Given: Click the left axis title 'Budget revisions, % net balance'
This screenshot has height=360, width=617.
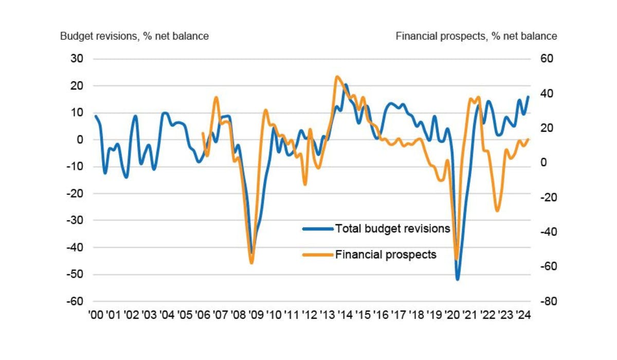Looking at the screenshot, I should pos(134,36).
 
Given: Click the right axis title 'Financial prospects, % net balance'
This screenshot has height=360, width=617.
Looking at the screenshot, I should pos(476,36).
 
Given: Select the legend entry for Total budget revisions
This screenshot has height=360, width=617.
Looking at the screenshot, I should pos(392,228).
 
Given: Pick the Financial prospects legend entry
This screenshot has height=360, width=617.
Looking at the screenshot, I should pos(386,254).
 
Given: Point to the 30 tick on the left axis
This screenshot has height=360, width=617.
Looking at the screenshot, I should pos(77,59).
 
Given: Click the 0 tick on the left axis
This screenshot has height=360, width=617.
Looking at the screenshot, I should pos(80,139).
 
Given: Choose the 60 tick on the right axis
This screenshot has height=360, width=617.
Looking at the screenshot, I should pos(546,59).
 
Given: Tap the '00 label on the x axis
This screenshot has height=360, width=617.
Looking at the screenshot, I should pos(96,315).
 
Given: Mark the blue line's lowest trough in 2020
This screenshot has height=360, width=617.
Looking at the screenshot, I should pos(457,279).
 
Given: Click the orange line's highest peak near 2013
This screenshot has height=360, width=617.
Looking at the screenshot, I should pos(337,77).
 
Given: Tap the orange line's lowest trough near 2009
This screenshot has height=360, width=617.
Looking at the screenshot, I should pos(251,263).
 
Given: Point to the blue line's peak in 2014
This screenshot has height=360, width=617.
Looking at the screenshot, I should pos(346,85).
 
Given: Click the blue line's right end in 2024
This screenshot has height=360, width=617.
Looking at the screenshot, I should pos(528,97).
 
